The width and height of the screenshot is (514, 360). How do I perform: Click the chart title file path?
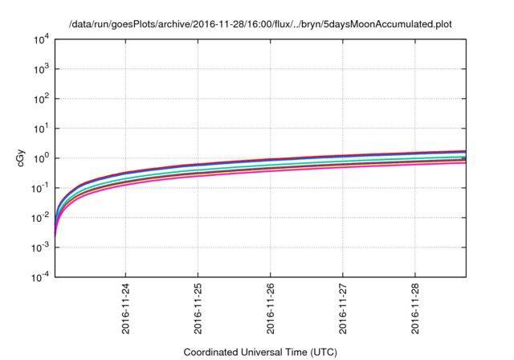(x=257, y=24)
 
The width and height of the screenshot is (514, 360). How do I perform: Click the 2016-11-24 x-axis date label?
(x=126, y=307)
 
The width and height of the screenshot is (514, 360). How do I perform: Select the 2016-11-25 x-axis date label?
(x=198, y=307)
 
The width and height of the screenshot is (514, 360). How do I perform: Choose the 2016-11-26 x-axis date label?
(x=271, y=307)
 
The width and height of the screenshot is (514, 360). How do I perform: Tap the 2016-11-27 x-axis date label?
(x=343, y=307)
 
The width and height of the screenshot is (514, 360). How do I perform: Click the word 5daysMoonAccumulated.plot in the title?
(x=392, y=24)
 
